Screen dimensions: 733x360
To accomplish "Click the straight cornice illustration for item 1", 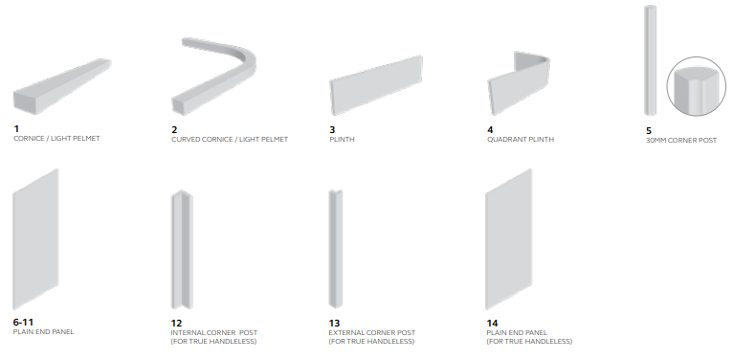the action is (61, 87).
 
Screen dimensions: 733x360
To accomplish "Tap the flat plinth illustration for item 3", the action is (376, 85).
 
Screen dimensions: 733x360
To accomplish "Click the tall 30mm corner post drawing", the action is (650, 60).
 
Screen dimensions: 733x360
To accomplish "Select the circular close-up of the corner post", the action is (696, 86).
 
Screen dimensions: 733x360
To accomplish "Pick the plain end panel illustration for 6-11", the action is (35, 239).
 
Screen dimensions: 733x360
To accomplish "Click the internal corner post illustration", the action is (182, 249).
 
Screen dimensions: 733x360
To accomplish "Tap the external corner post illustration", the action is (336, 249).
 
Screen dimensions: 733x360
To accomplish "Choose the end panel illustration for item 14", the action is (509, 239).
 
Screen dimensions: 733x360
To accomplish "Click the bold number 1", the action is (16, 128).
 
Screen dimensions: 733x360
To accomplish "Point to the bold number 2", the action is (174, 130).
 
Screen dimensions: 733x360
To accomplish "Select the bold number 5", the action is (649, 131).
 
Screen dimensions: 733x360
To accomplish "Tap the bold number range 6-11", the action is (23, 322).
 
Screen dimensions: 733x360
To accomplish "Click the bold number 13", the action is (334, 323).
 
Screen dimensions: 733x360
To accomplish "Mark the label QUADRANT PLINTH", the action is (521, 140).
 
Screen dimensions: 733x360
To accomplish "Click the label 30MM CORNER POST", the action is (681, 140).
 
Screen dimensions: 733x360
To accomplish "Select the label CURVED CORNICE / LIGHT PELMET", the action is (230, 140).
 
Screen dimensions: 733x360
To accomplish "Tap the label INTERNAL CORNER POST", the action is (214, 333).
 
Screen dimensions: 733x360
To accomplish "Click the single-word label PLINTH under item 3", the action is (342, 140).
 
